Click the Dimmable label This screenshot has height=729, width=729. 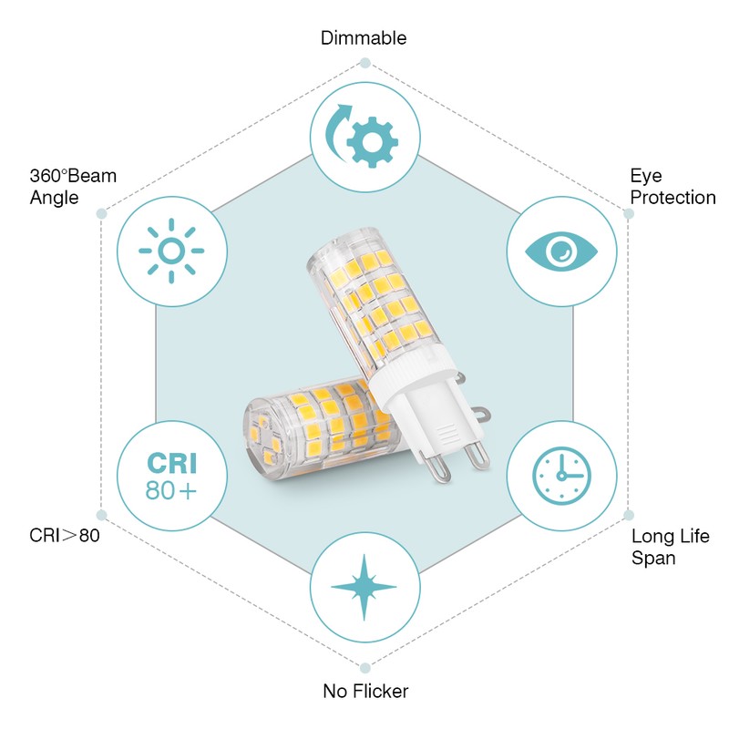[364, 38]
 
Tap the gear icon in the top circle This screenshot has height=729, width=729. [372, 142]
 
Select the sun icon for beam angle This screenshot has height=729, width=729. [171, 252]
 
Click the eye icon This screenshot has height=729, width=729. [561, 252]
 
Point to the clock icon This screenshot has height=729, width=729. [561, 476]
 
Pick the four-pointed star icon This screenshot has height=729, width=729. [364, 587]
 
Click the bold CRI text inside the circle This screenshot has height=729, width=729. [172, 463]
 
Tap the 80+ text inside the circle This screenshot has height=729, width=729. [171, 490]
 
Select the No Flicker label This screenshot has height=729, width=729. [365, 691]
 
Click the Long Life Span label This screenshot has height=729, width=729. [671, 547]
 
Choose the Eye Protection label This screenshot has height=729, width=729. [673, 187]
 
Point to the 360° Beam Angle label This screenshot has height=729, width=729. [73, 187]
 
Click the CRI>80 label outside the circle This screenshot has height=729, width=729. [65, 535]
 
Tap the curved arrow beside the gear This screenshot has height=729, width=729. [337, 131]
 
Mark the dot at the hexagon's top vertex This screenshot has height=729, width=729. [365, 63]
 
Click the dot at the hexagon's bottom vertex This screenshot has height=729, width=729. [365, 668]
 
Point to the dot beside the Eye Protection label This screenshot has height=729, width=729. [629, 214]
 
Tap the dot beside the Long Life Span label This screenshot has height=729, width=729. [629, 515]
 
